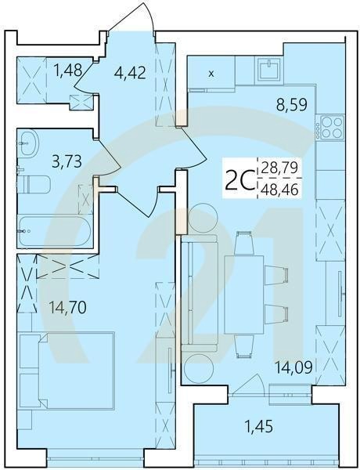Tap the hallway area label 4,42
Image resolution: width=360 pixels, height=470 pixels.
129,75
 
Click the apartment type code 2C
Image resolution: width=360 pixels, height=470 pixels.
238,182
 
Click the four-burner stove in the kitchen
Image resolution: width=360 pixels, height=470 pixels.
329,128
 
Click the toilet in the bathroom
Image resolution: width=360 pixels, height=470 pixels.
34,185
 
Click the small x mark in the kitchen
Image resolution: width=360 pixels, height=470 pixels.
211,75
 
